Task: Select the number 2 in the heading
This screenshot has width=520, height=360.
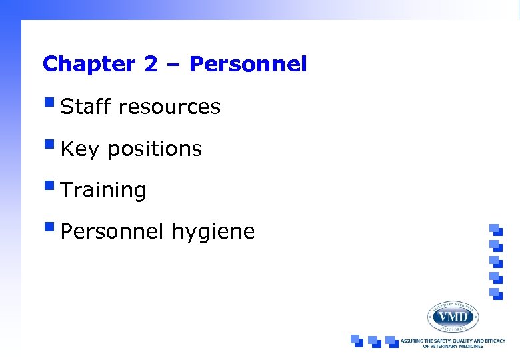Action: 150,64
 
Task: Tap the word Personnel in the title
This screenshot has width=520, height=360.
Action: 248,64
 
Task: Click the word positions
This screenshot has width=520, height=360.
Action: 155,149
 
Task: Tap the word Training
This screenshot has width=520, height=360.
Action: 103,191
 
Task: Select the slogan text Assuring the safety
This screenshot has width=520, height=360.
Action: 453,341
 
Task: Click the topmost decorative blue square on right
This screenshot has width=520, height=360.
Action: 495,229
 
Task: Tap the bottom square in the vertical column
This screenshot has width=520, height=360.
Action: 495,293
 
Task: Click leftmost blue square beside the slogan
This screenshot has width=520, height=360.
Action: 357,341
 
